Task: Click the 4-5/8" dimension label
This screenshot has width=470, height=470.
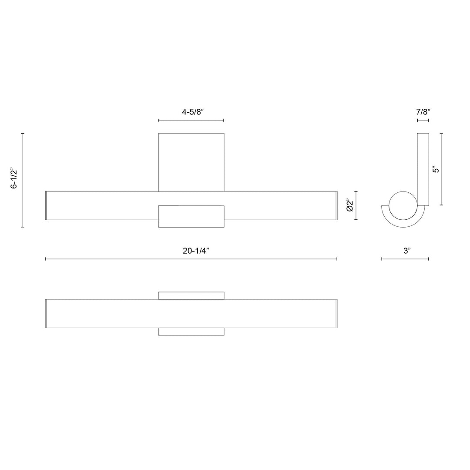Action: point(193,112)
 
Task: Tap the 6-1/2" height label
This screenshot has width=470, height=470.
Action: point(14,179)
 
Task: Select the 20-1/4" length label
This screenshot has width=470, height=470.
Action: point(196,251)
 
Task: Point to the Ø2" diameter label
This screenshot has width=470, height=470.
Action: point(349,205)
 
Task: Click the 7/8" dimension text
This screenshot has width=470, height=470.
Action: point(423,112)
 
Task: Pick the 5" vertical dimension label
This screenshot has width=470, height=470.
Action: point(436,169)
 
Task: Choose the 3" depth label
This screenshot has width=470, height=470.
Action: point(407,251)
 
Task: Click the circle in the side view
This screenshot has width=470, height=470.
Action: point(403,191)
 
